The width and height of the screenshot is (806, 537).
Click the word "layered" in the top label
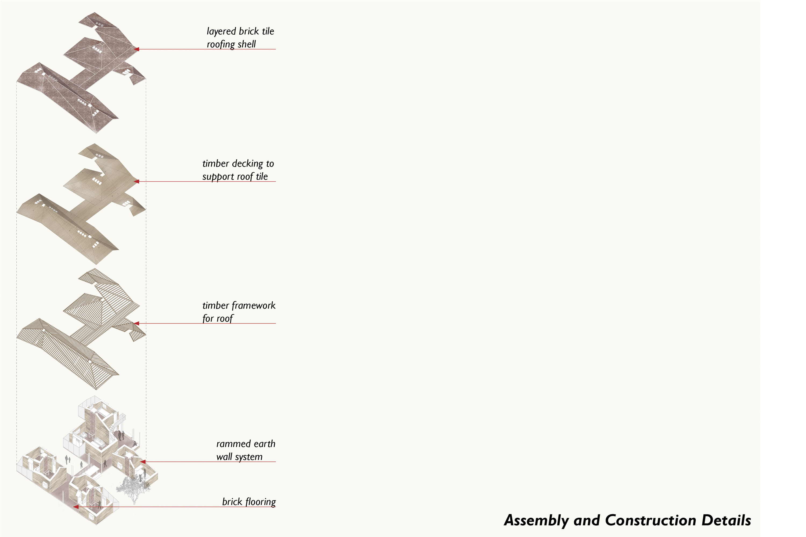[221, 31]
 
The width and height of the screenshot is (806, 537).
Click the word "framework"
[253, 306]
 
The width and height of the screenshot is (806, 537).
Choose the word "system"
[249, 457]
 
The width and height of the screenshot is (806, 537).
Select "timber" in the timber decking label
[215, 164]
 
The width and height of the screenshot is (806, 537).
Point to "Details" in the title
[726, 521]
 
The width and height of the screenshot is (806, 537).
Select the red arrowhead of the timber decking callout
[136, 182]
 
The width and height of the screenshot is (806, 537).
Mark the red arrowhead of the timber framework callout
[136, 323]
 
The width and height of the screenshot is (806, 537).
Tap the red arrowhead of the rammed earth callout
[143, 462]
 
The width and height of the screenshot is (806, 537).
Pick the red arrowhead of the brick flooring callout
[76, 507]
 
